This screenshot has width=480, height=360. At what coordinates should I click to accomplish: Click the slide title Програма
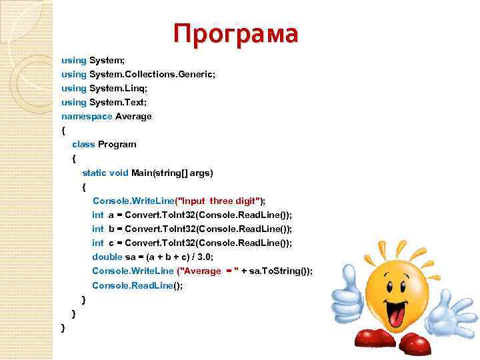(235, 33)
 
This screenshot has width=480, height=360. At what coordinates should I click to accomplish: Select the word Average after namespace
(133, 116)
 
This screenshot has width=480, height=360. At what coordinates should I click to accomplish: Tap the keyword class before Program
(83, 144)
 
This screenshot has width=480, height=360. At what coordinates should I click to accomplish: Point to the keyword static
(95, 173)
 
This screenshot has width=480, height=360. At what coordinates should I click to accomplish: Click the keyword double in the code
(107, 257)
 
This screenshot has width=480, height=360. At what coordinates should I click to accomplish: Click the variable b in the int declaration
(111, 229)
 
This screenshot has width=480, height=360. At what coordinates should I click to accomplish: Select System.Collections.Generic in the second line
(151, 74)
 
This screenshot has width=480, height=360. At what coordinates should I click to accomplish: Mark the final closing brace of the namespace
(63, 328)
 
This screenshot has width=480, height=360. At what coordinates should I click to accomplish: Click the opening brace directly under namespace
(63, 130)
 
